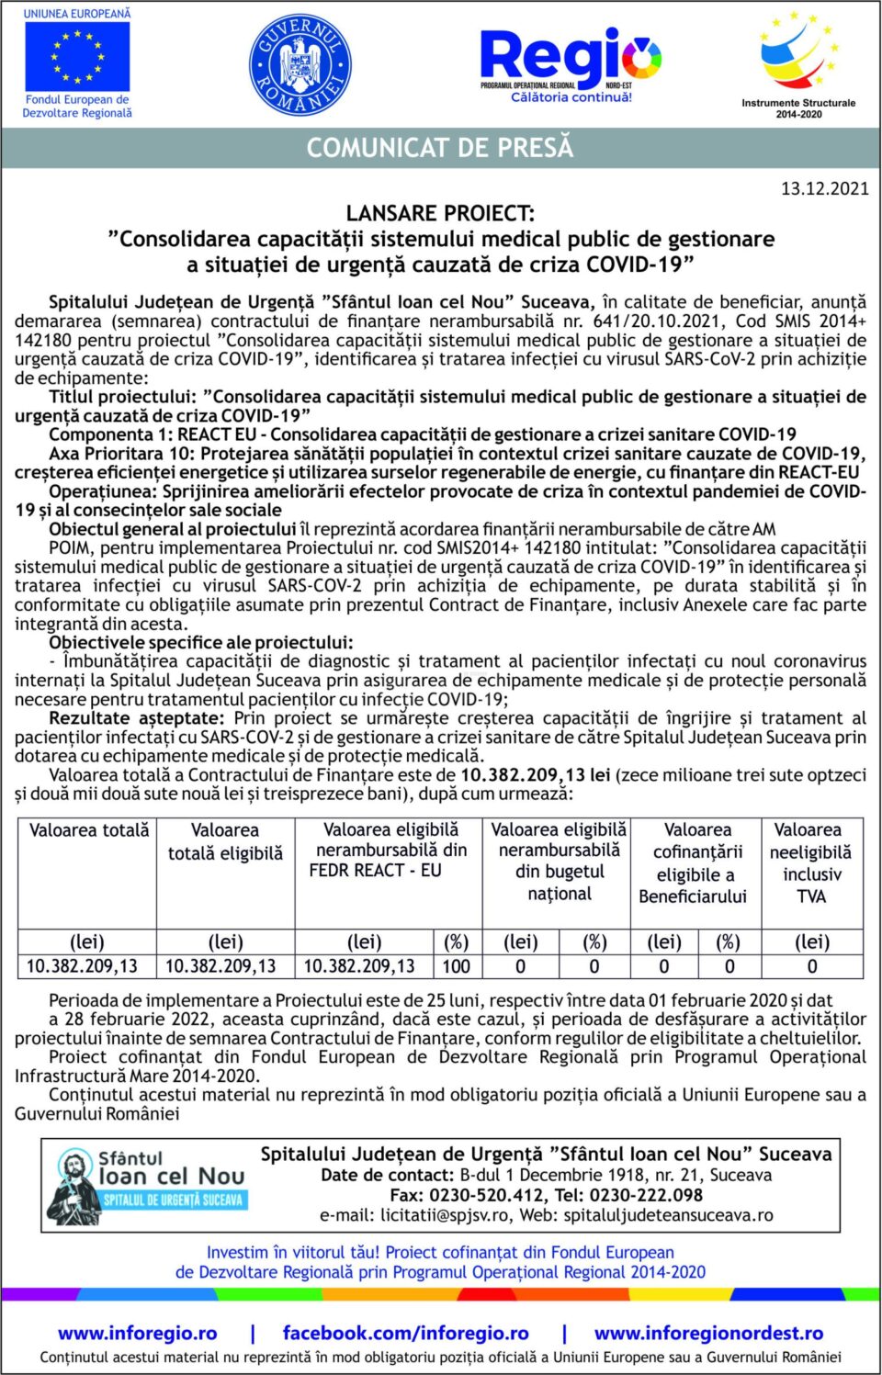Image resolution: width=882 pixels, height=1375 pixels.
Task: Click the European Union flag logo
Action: coord(77,57)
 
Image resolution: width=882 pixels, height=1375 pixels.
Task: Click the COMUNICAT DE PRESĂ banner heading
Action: coord(440,148)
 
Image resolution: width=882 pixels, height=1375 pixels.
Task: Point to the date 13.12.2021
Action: coord(824,188)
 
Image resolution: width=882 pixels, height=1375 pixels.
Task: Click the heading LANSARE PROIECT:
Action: coord(440,213)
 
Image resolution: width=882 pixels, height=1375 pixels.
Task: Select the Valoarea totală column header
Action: coord(89,830)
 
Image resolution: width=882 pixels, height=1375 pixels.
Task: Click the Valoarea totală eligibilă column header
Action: coord(225,841)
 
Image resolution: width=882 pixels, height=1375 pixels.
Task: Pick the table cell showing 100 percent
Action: coord(456,966)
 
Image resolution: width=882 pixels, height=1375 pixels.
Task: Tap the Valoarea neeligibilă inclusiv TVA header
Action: coord(811,862)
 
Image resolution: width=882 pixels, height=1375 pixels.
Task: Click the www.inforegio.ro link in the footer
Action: coord(138,1333)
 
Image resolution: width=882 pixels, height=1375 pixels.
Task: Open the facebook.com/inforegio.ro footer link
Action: coord(405,1333)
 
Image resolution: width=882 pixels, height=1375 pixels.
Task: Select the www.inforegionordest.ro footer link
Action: coord(708,1333)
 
